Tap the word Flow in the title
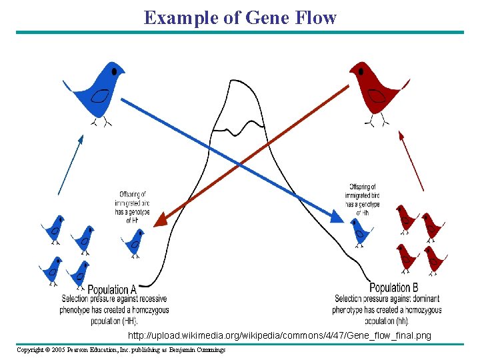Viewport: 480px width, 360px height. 313,17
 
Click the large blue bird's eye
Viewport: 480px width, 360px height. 114,70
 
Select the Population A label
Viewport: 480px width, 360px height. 112,289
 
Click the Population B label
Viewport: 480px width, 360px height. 393,287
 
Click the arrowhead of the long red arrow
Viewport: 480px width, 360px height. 160,221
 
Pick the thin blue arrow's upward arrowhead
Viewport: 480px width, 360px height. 81,139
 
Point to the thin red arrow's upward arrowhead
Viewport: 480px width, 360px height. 401,135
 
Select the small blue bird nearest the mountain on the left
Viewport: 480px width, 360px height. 135,241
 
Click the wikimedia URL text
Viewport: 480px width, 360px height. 280,335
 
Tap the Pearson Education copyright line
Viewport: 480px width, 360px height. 121,350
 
